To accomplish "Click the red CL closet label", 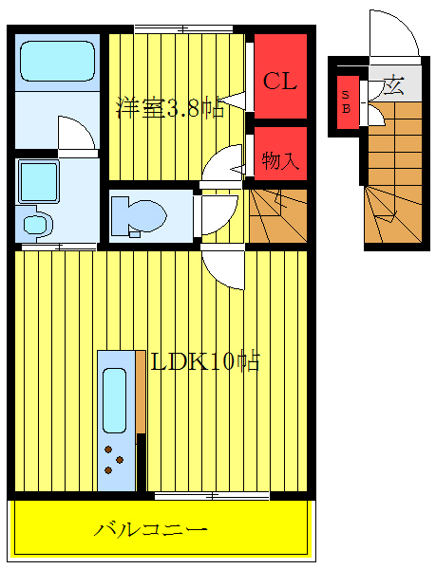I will tap(280, 81).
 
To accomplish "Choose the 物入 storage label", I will tap(280, 161).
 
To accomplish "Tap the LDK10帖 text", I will tap(204, 361).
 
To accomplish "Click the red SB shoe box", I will tap(346, 101).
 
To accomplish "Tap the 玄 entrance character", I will tap(391, 84).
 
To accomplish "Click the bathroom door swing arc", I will tap(77, 133).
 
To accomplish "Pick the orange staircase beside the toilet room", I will tap(277, 215).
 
